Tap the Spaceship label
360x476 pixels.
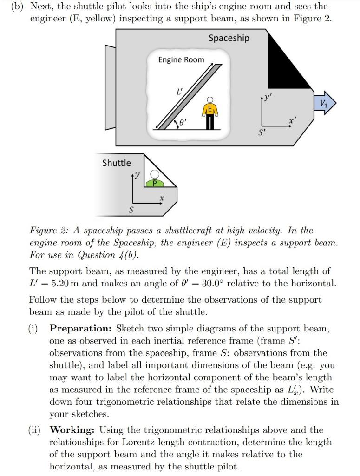[229, 38]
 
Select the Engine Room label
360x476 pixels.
[181, 59]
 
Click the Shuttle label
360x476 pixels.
[117, 163]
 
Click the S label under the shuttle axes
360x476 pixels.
[131, 211]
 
